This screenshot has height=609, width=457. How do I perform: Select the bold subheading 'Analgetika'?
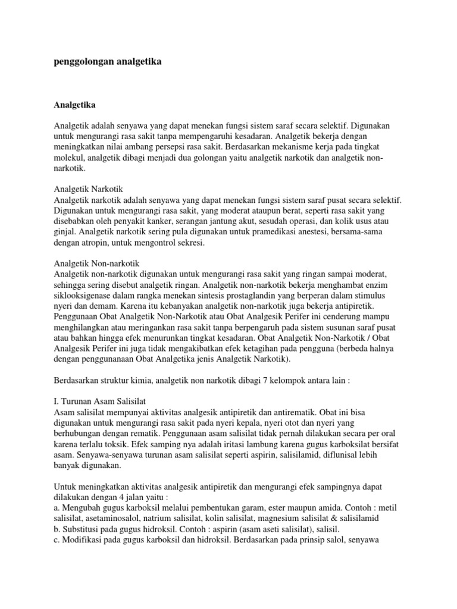click(x=74, y=105)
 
